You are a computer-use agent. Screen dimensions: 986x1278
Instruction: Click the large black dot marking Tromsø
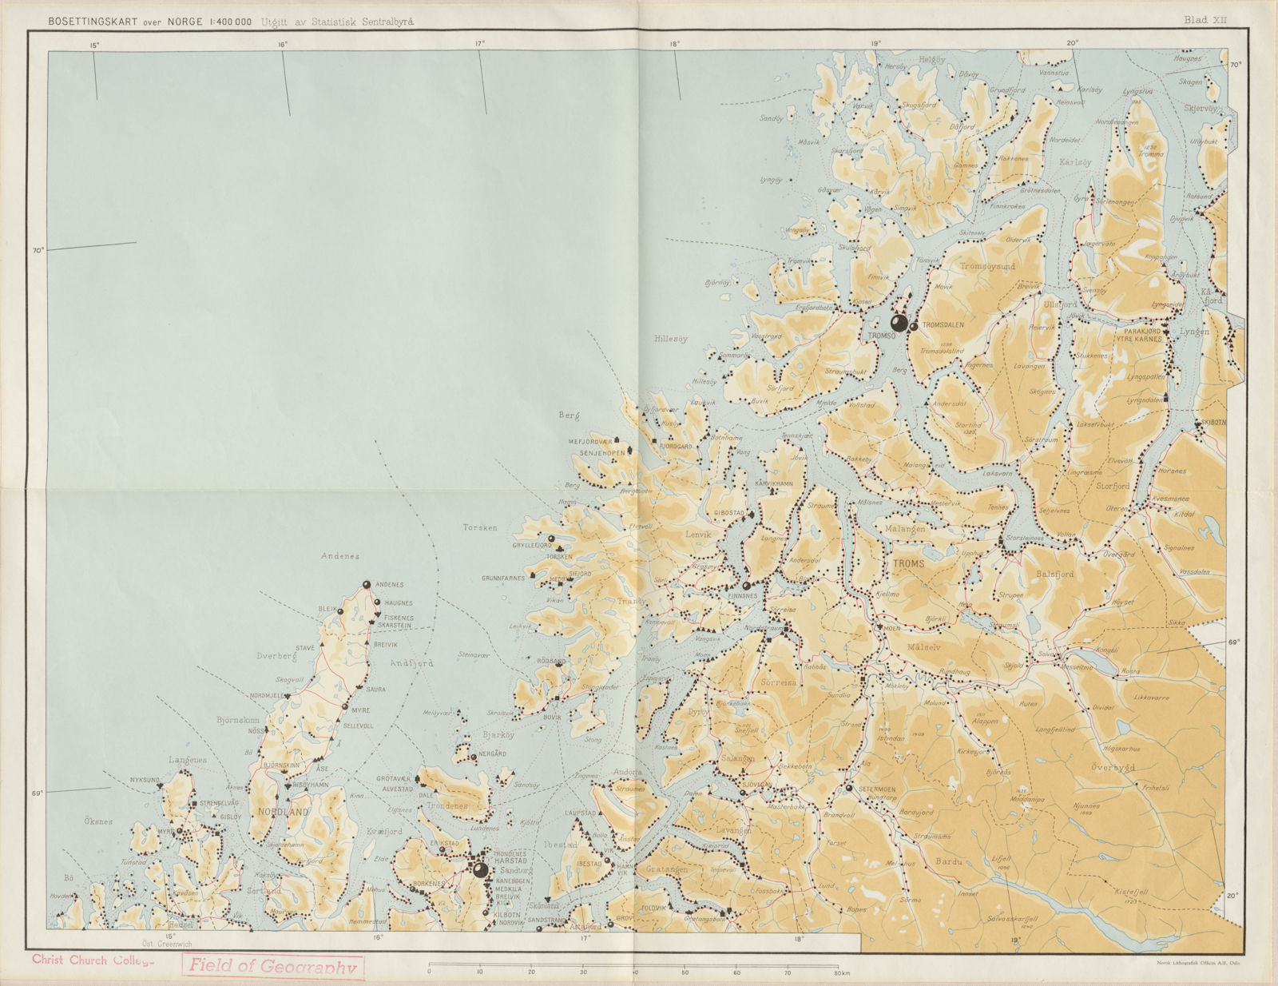899,323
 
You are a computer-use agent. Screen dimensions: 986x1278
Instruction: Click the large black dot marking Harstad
480,870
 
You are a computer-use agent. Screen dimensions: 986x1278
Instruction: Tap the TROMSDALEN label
943,325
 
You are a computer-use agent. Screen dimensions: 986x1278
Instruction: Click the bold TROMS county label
908,564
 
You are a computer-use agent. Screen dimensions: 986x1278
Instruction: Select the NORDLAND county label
283,812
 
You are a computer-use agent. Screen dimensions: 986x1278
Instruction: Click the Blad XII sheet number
1205,20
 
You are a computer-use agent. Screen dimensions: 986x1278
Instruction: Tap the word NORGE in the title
185,22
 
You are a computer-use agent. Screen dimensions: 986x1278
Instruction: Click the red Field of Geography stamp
272,966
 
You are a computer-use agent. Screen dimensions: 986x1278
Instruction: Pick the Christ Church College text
92,960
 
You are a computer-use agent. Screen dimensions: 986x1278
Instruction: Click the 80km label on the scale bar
841,973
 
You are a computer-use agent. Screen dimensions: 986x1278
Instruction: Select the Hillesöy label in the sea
671,339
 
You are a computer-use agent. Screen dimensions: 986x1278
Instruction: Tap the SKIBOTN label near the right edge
1211,423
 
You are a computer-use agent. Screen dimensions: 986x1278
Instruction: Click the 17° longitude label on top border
480,45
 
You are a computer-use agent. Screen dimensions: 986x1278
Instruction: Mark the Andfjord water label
411,663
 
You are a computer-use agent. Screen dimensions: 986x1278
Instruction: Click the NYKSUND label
145,779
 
